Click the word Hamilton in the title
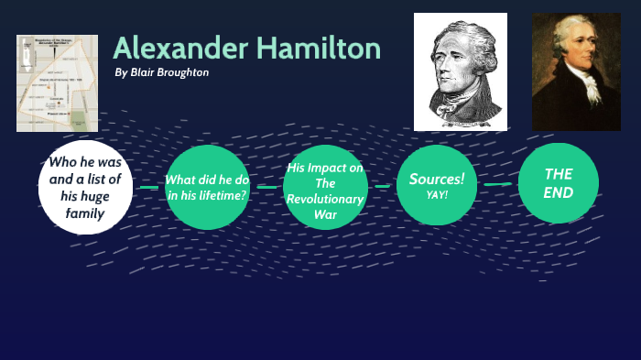(x=316, y=48)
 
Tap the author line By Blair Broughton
(x=162, y=72)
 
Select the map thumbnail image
(x=57, y=82)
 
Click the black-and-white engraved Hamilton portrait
(x=460, y=71)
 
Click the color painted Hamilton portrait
(x=576, y=71)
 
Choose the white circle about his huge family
(x=85, y=188)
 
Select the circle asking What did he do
(x=207, y=187)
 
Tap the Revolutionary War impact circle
(x=325, y=187)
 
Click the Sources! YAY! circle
(x=437, y=185)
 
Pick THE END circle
(x=558, y=183)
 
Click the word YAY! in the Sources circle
(x=437, y=194)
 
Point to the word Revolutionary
(x=325, y=199)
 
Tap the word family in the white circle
(x=85, y=213)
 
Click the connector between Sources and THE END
(x=497, y=184)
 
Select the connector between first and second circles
(x=148, y=187)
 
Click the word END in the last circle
(x=558, y=192)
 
